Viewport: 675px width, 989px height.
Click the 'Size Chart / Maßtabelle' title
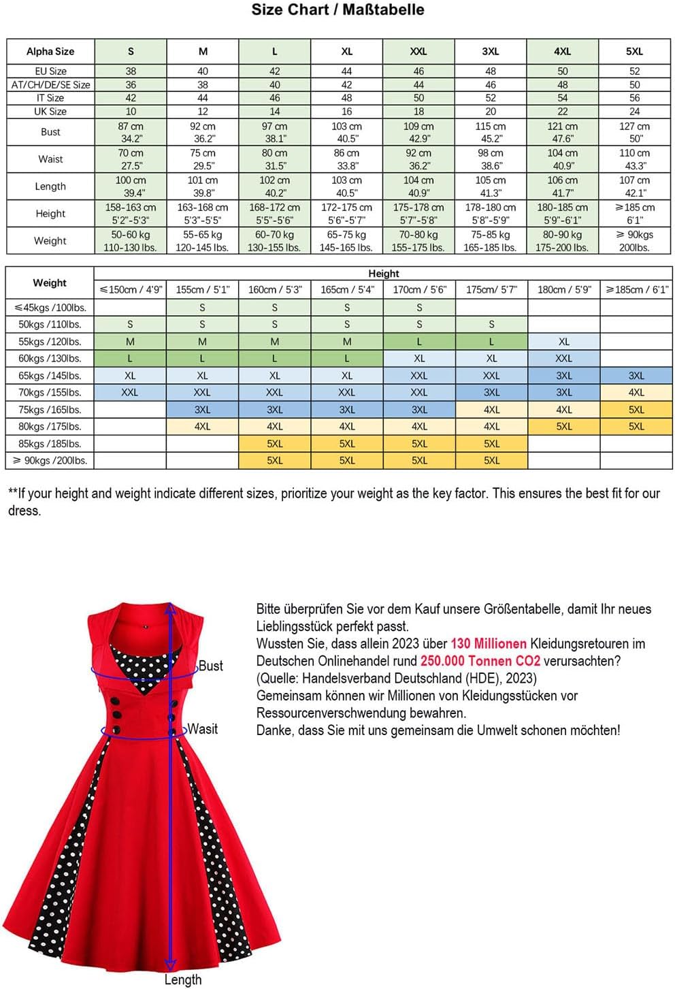pyautogui.click(x=337, y=10)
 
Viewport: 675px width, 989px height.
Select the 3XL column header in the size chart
pyautogui.click(x=491, y=51)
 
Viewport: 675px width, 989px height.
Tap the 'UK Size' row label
pyautogui.click(x=50, y=112)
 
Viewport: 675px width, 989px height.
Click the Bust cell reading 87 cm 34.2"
pyautogui.click(x=131, y=132)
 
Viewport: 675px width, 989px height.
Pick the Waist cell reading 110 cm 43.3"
pyautogui.click(x=634, y=159)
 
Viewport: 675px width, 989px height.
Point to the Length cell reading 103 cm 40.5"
pyautogui.click(x=346, y=187)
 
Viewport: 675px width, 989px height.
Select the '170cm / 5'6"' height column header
pyautogui.click(x=419, y=289)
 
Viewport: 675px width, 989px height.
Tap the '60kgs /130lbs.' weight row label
pyautogui.click(x=50, y=359)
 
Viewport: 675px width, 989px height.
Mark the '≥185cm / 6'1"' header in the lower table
pyautogui.click(x=636, y=289)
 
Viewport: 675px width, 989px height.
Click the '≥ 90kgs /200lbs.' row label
pyautogui.click(x=50, y=461)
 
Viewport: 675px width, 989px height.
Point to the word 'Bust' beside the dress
pyautogui.click(x=210, y=666)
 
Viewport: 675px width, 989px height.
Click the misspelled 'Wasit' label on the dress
pyautogui.click(x=203, y=729)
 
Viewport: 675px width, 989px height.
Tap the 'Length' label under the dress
pyautogui.click(x=183, y=979)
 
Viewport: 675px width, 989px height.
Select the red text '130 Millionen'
pyautogui.click(x=488, y=644)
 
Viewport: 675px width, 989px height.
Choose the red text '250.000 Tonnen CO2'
pyautogui.click(x=480, y=661)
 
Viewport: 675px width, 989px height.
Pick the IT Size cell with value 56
pyautogui.click(x=634, y=98)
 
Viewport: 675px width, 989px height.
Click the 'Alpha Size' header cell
pyautogui.click(x=50, y=51)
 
